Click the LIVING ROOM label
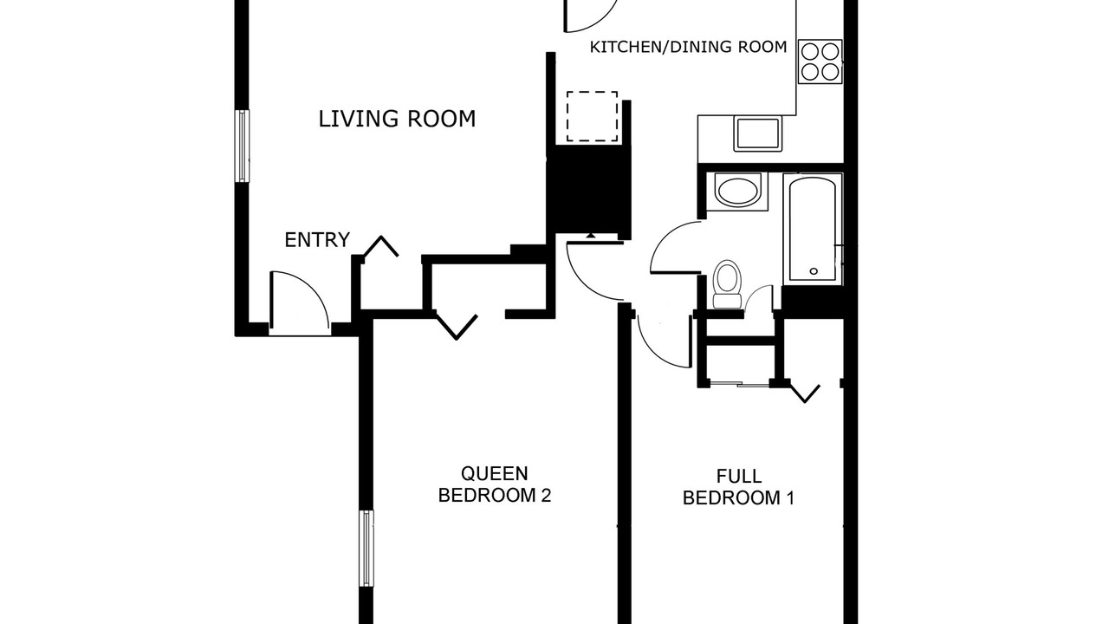[397, 119]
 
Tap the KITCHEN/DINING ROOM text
[688, 47]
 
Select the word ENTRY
[317, 240]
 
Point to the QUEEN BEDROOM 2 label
[495, 484]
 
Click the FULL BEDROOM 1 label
[739, 487]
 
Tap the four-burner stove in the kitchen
[820, 62]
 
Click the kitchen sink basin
[758, 133]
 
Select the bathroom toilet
[727, 284]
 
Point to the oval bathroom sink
[737, 192]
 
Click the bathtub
[813, 230]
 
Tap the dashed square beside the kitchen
[592, 116]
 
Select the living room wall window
[242, 146]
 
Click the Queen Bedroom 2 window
[366, 549]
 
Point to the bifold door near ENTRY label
[380, 247]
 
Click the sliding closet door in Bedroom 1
[738, 383]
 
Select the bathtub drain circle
[814, 271]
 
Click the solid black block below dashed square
[588, 193]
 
